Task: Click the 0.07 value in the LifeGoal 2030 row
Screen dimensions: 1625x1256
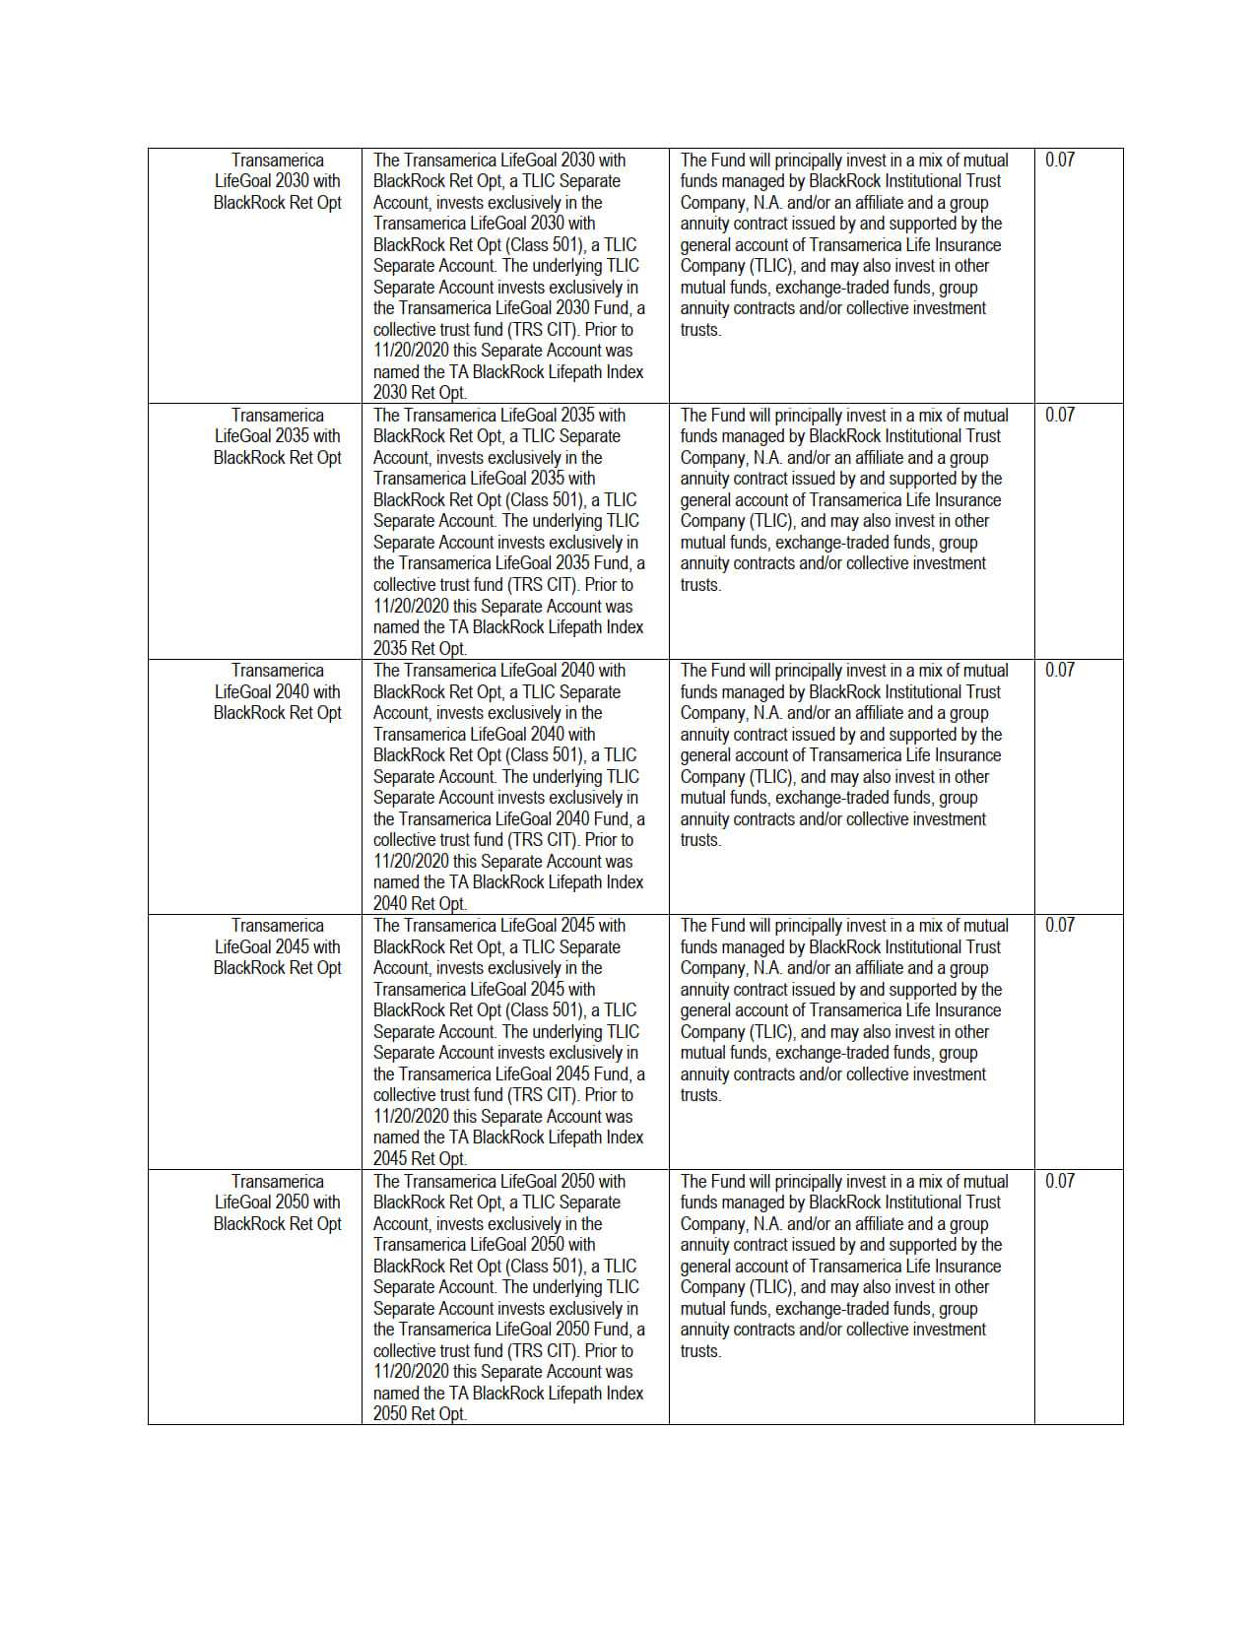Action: (x=1060, y=160)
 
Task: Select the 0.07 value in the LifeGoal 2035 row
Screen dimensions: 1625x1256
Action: (x=1060, y=415)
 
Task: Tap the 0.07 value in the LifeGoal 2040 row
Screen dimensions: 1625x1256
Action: (x=1060, y=670)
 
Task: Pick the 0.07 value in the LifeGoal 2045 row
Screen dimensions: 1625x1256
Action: (x=1060, y=925)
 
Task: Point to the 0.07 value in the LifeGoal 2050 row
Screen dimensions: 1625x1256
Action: (x=1060, y=1181)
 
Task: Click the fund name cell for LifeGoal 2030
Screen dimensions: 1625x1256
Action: (x=278, y=181)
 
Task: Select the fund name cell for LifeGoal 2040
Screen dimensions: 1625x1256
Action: (x=278, y=691)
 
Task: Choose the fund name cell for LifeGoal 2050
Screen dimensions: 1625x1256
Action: (x=278, y=1202)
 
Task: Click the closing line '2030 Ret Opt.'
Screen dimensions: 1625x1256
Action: (x=420, y=392)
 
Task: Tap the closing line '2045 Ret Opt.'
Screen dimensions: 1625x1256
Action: (x=420, y=1158)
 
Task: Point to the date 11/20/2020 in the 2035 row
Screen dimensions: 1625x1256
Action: (x=411, y=607)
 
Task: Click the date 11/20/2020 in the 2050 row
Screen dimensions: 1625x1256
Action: (x=411, y=1372)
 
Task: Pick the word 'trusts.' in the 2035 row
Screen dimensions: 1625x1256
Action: (x=700, y=585)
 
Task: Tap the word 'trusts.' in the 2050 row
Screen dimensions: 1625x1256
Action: (x=700, y=1351)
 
